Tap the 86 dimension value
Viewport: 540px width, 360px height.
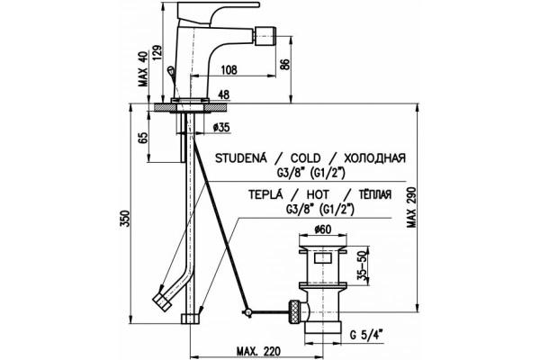pyautogui.click(x=309, y=62)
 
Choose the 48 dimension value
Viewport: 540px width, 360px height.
pyautogui.click(x=223, y=94)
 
